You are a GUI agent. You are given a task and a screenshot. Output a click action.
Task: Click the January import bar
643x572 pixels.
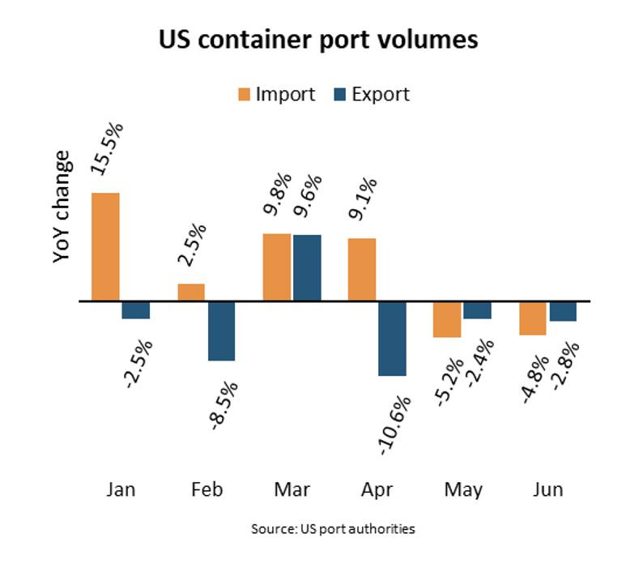[105, 247]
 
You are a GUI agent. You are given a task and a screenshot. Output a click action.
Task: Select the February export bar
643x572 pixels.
[221, 331]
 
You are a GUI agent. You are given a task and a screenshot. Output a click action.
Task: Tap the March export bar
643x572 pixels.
[307, 267]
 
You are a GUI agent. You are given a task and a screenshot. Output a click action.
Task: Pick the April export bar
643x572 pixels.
[392, 339]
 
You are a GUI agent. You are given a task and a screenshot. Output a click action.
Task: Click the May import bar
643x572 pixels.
[446, 319]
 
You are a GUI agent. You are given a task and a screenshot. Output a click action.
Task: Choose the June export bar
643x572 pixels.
[563, 311]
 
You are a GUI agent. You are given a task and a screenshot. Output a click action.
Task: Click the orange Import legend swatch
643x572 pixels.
[244, 95]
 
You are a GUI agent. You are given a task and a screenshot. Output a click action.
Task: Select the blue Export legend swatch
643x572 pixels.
[341, 95]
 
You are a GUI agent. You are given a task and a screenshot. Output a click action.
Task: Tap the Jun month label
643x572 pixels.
[548, 490]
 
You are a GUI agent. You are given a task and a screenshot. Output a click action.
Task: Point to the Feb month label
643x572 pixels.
[207, 490]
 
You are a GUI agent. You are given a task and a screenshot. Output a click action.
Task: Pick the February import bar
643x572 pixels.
[191, 292]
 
